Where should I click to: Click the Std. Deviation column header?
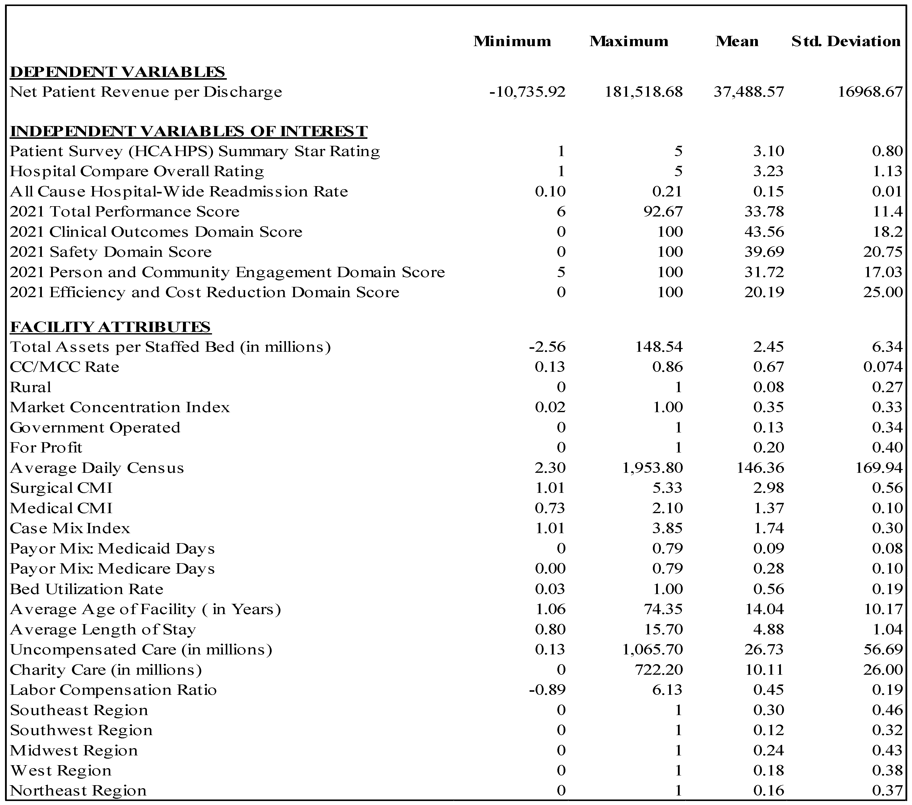846,42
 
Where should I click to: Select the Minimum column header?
512,42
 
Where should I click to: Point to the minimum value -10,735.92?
527,92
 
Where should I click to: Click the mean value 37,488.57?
748,92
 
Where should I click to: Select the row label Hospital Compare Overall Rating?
137,171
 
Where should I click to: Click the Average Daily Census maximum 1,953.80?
652,468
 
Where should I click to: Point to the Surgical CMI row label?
61,488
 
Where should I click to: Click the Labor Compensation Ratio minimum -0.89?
547,690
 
